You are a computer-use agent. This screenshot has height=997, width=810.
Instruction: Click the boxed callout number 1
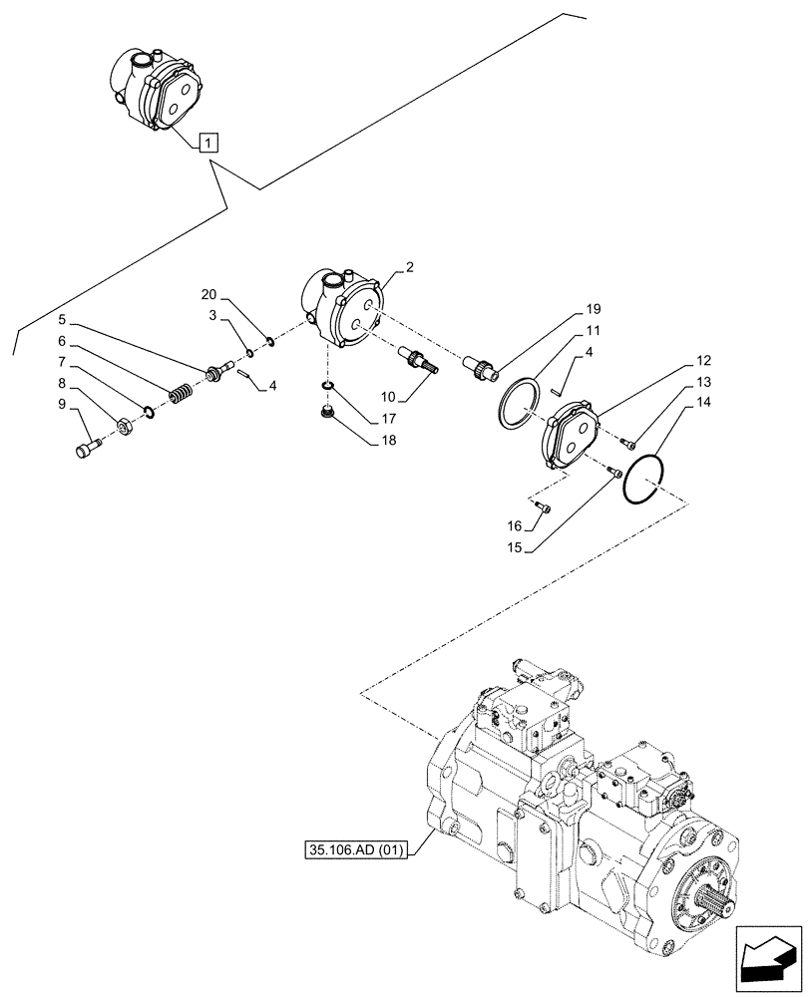coord(207,142)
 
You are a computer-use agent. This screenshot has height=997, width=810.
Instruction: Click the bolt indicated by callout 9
coord(85,449)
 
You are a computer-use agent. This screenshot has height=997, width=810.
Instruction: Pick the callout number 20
coord(207,294)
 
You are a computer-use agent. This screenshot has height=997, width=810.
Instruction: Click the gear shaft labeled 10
coord(412,358)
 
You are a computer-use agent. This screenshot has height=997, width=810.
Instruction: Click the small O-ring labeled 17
coord(326,386)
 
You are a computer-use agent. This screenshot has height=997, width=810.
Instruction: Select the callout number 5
coord(62,320)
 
